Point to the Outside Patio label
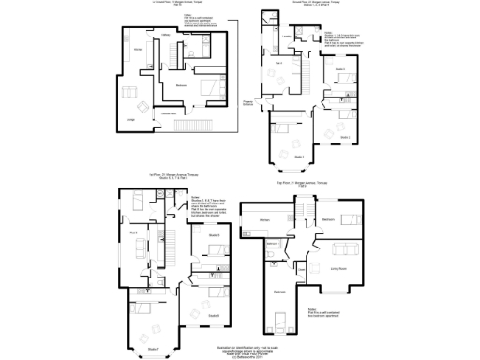[x=186, y=113]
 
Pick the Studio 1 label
[x=299, y=156]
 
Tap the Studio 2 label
[x=345, y=137]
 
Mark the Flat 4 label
[x=280, y=62]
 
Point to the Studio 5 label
[x=214, y=235]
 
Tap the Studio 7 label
[x=153, y=349]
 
